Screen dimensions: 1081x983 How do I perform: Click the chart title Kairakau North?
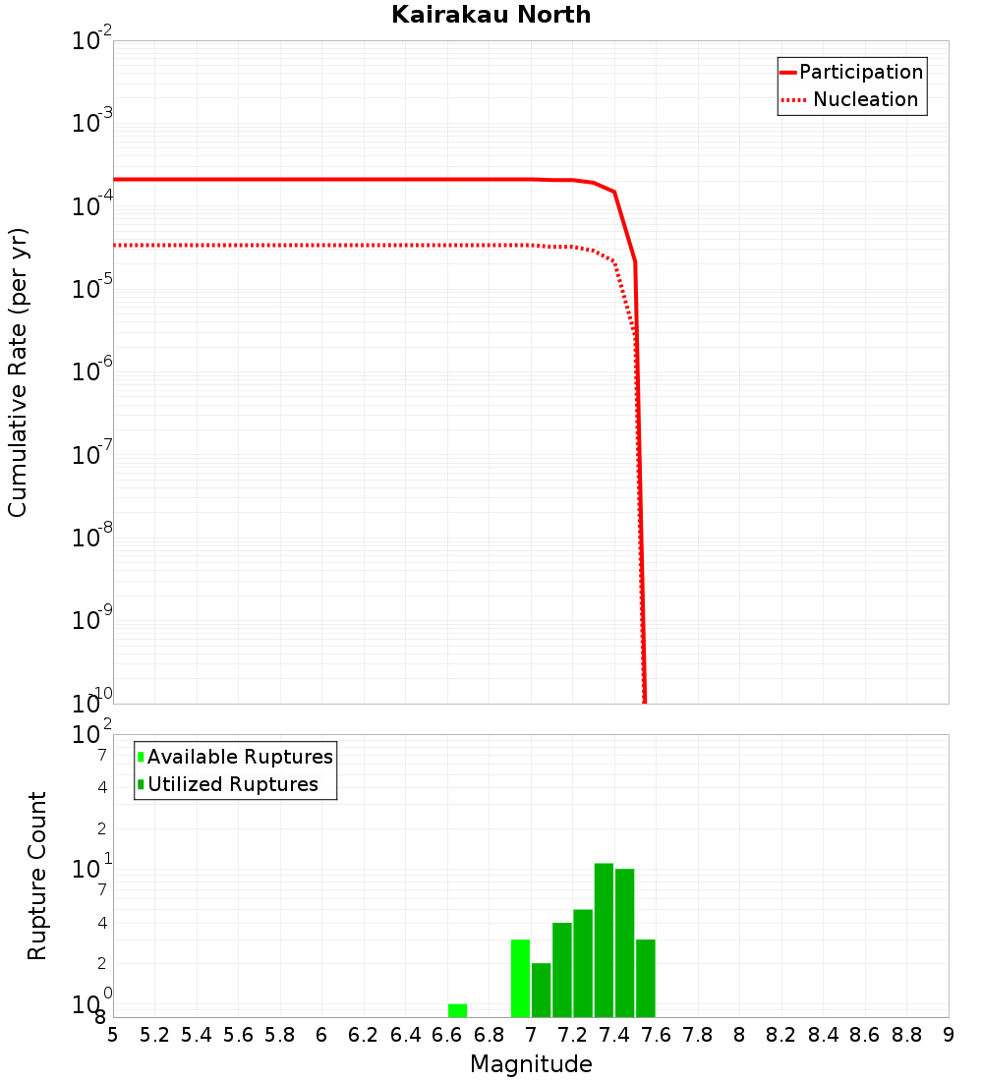pyautogui.click(x=491, y=15)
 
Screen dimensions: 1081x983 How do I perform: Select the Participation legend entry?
pyautogui.click(x=861, y=73)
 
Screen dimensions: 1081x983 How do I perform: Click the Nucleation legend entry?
pyautogui.click(x=865, y=100)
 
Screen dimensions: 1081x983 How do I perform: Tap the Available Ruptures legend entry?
pyautogui.click(x=240, y=757)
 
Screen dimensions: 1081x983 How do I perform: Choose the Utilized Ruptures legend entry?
pyautogui.click(x=232, y=784)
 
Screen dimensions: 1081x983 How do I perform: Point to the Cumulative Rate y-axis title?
pyautogui.click(x=18, y=371)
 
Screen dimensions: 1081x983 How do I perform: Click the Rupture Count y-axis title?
pyautogui.click(x=37, y=875)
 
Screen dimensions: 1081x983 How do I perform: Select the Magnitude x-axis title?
pyautogui.click(x=531, y=1064)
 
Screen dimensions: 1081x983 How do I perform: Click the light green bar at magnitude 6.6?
pyautogui.click(x=457, y=1010)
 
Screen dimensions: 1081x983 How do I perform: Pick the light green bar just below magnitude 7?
pyautogui.click(x=520, y=978)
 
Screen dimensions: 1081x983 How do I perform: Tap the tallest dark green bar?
pyautogui.click(x=604, y=939)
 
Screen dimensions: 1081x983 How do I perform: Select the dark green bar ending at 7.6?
pyautogui.click(x=646, y=978)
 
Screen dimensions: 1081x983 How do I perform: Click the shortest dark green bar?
pyautogui.click(x=541, y=990)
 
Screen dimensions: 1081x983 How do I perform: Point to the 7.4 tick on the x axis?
pyautogui.click(x=614, y=1035)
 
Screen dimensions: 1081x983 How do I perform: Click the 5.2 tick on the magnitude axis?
pyautogui.click(x=155, y=1035)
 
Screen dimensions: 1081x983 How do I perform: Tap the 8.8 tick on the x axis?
pyautogui.click(x=906, y=1035)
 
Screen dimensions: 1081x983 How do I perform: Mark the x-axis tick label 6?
pyautogui.click(x=321, y=1035)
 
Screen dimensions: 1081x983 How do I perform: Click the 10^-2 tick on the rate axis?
pyautogui.click(x=92, y=41)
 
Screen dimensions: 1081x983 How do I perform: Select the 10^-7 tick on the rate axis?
pyautogui.click(x=92, y=455)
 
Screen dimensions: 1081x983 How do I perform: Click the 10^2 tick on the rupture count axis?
pyautogui.click(x=92, y=735)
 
